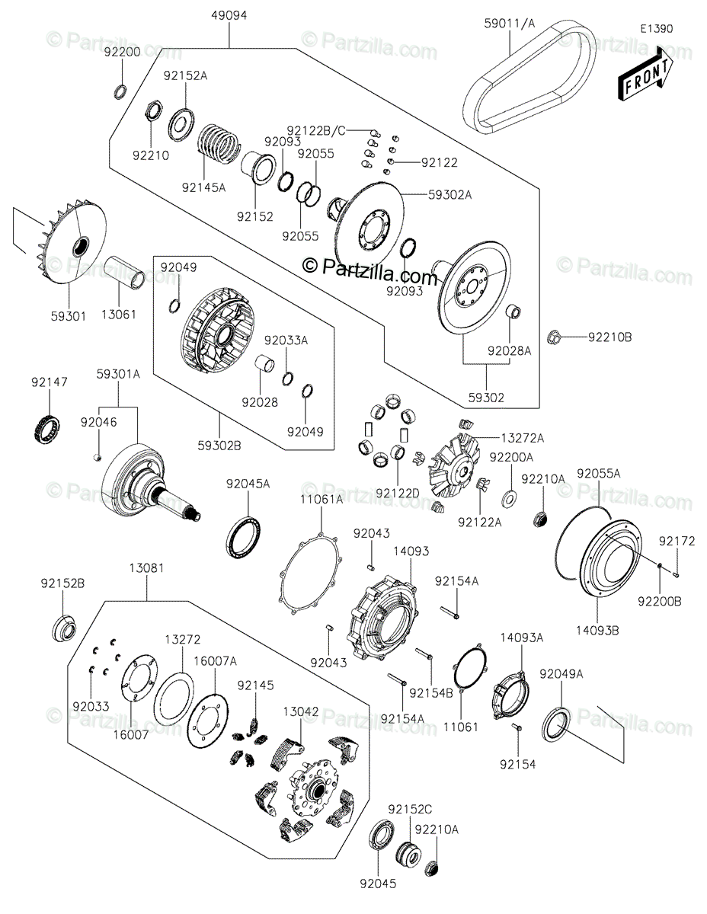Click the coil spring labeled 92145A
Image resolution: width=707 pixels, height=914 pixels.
pos(219,143)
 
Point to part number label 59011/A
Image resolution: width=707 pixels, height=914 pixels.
pos(510,24)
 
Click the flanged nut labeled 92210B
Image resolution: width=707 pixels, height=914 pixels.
pos(554,336)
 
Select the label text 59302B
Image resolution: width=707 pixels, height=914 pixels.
pos(219,446)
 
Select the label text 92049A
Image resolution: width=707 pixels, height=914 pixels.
pos(561,673)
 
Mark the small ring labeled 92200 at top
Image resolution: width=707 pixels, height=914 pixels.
pos(120,92)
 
